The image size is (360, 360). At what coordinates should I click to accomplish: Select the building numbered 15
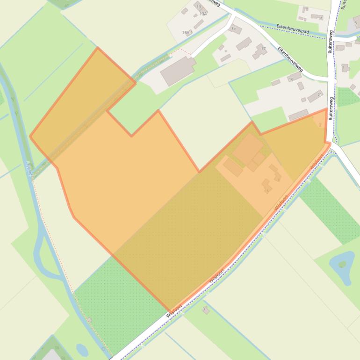pyautogui.click(x=235, y=29)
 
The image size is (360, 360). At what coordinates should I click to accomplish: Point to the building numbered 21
pyautogui.click(x=315, y=96)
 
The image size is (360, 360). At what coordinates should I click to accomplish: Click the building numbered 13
pyautogui.click(x=200, y=8)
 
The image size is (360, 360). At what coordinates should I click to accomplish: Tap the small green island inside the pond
pyautogui.click(x=342, y=264)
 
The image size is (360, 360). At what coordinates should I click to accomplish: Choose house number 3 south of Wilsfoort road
pyautogui.click(x=205, y=310)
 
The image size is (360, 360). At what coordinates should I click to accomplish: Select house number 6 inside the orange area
pyautogui.click(x=266, y=186)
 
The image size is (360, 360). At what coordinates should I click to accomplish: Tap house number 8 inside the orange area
pyautogui.click(x=276, y=174)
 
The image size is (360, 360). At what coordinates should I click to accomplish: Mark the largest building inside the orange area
pyautogui.click(x=248, y=148)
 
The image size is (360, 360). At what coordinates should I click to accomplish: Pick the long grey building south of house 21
pyautogui.click(x=298, y=115)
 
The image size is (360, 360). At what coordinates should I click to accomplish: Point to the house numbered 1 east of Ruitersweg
pyautogui.click(x=345, y=68)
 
